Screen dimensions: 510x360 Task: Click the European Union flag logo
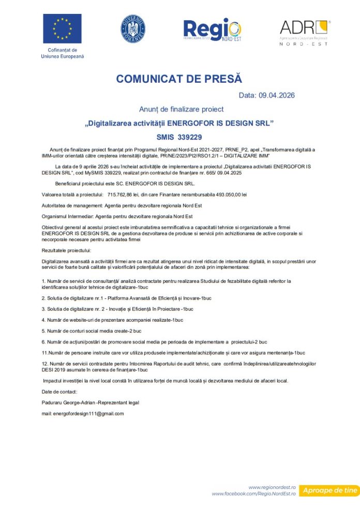coord(62,28)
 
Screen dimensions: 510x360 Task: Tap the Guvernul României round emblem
coord(133,28)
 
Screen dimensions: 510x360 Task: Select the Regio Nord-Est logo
coord(212,31)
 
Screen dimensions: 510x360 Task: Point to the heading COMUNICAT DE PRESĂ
coord(179,79)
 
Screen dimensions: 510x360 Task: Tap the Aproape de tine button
coord(329,490)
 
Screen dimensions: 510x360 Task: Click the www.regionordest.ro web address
coord(272,487)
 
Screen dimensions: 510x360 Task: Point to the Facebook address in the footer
coord(253,494)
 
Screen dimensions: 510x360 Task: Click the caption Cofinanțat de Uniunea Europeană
coord(62,53)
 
